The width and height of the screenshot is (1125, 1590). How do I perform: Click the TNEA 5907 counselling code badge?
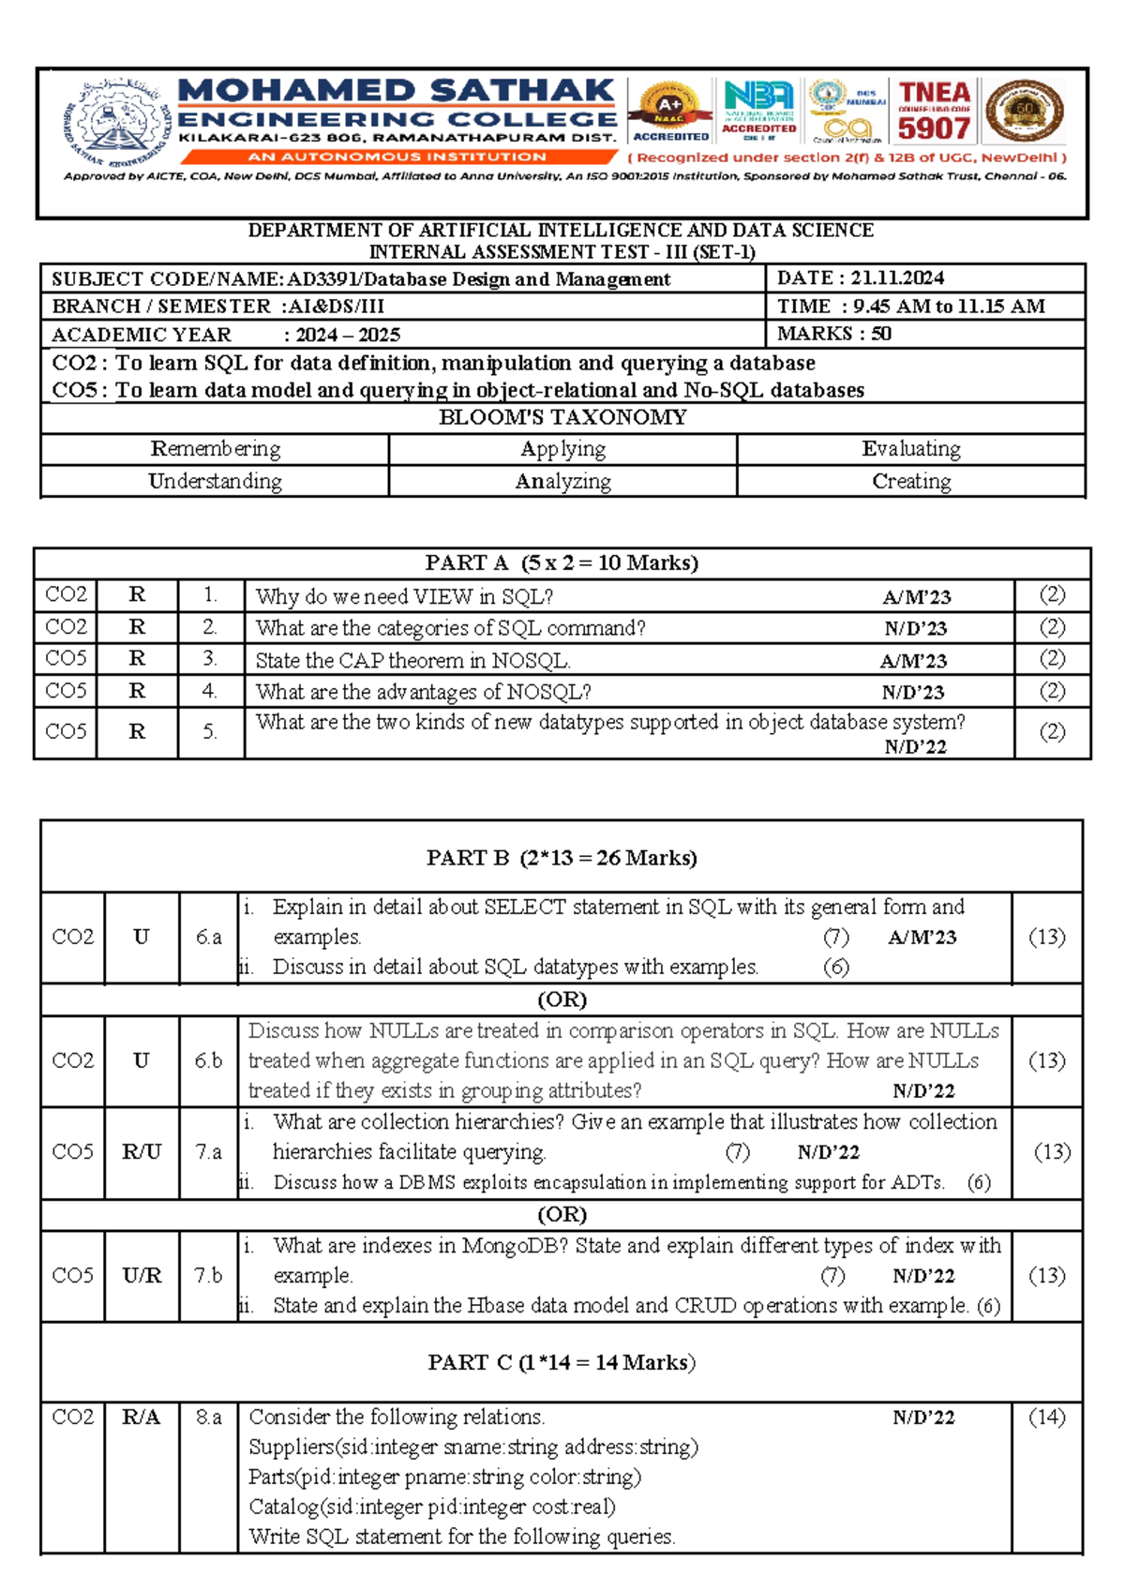coord(934,112)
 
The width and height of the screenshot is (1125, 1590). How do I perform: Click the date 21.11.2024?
coord(897,277)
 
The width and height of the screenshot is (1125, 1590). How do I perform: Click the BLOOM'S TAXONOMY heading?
coord(562,417)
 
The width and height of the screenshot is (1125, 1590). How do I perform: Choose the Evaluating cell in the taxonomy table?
coord(910,449)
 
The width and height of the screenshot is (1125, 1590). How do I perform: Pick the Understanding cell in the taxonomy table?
coord(215,481)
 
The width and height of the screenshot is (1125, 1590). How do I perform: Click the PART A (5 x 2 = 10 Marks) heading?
coord(562,562)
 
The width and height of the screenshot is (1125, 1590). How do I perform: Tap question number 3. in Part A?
coord(210,659)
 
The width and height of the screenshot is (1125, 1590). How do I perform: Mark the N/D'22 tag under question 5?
coord(915,747)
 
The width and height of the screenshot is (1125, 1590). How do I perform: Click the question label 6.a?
coord(208,937)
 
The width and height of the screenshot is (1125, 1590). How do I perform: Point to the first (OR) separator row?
coord(562,999)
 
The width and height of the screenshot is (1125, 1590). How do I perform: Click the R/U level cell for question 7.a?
coord(142,1151)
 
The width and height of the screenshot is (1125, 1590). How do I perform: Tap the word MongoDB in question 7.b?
coord(521,1246)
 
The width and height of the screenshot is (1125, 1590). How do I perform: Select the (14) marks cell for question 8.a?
coord(1046,1417)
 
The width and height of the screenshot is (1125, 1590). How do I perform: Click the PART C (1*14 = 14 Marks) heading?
coord(562,1362)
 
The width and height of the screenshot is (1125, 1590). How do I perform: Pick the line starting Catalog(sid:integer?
coord(432,1507)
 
